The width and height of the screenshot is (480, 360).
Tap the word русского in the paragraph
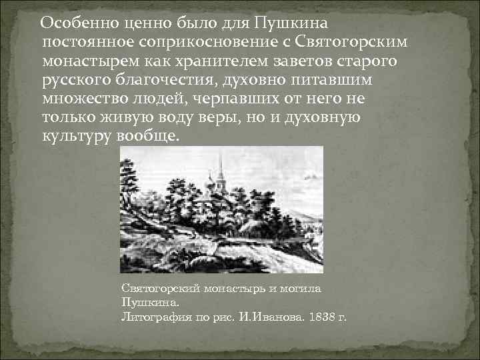(75, 80)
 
